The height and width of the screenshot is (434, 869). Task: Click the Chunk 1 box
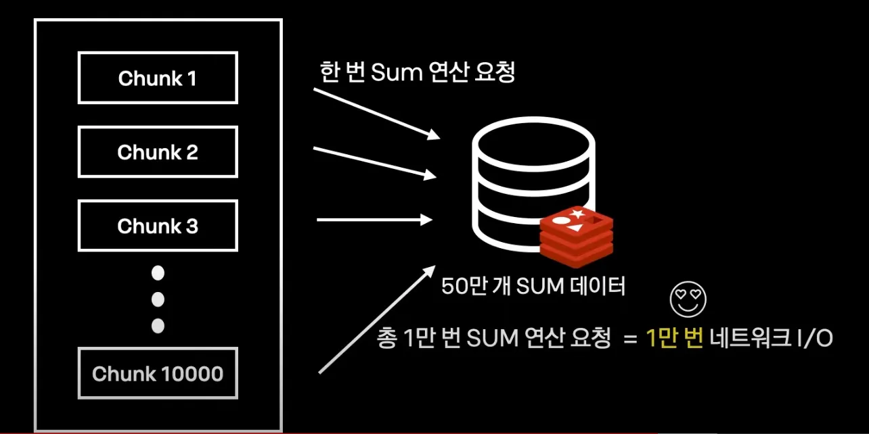[158, 78]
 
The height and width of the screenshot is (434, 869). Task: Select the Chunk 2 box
[158, 152]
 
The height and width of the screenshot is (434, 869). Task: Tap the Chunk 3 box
[158, 226]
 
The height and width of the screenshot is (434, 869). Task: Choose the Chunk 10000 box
[158, 373]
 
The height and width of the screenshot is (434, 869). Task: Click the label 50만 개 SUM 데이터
[533, 286]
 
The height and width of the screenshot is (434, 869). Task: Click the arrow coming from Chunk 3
[374, 219]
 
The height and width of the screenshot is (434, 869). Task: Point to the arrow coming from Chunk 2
[374, 162]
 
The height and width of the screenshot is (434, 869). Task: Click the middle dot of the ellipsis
[158, 299]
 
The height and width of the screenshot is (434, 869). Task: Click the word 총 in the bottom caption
[386, 337]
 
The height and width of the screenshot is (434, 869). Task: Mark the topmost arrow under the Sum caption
[376, 113]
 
